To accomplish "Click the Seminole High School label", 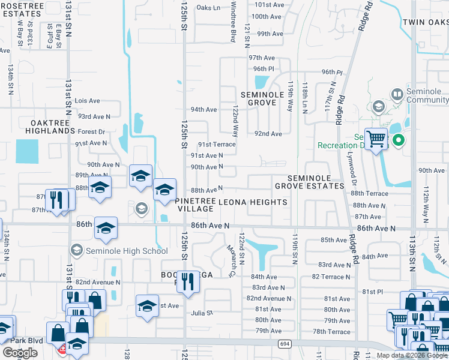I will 127,251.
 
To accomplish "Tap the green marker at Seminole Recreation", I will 397,141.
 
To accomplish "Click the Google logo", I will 20,353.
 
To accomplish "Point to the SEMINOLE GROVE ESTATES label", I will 310,182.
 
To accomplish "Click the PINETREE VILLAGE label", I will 194,205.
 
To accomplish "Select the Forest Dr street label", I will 91,131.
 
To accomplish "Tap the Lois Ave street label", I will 87,101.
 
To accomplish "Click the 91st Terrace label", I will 217,145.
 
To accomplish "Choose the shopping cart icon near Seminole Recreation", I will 376,140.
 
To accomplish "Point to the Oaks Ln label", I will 208,8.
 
